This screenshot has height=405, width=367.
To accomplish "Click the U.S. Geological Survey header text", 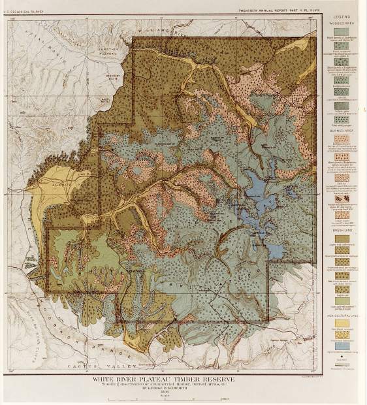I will (25, 6).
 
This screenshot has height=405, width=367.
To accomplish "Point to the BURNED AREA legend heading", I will (342, 131).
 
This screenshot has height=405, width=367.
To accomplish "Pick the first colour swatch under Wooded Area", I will (342, 31).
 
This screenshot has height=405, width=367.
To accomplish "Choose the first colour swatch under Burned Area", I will (342, 138).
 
